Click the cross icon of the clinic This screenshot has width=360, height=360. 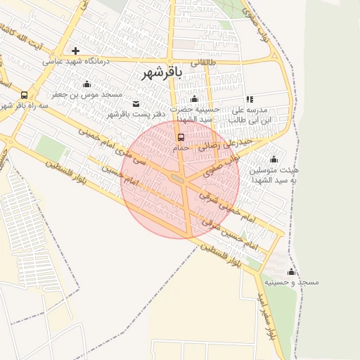75,51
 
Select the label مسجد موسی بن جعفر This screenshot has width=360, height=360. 87,94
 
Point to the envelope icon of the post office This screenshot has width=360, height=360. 135,103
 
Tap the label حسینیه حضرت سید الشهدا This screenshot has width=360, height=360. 196,115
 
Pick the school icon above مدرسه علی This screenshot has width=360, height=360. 250,99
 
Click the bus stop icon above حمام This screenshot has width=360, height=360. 181,136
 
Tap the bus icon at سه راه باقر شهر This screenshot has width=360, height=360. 25,95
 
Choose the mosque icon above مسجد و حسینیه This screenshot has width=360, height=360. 291,271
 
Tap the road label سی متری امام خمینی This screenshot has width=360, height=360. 106,141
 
